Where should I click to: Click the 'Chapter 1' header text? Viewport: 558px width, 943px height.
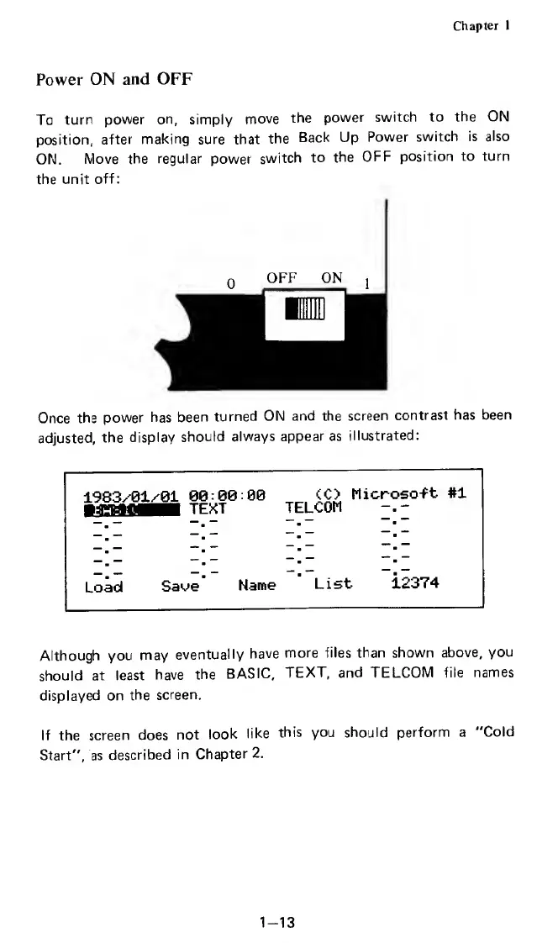tap(482, 25)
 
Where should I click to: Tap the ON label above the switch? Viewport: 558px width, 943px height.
tap(331, 277)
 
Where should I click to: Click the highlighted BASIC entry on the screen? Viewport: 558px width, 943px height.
tap(132, 509)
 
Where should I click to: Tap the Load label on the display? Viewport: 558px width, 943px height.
tap(104, 585)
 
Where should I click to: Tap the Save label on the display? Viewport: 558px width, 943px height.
tap(179, 585)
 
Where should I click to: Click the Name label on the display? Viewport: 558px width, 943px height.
tap(257, 585)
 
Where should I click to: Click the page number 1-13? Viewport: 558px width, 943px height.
tap(276, 899)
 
